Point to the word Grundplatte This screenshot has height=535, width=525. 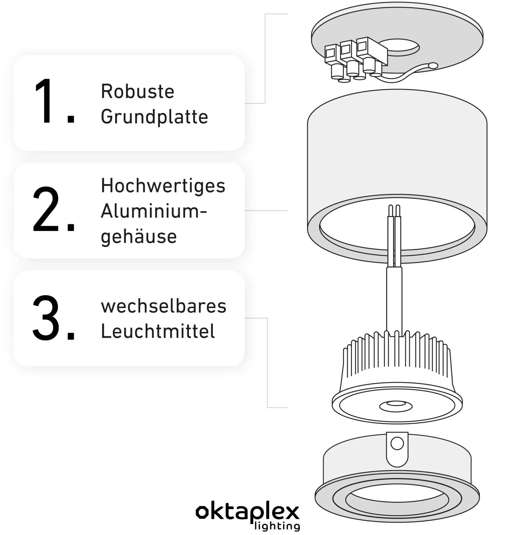click(155, 117)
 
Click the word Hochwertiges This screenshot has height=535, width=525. click(163, 185)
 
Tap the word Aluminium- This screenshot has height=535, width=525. click(154, 212)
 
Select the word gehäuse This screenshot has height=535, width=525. click(139, 236)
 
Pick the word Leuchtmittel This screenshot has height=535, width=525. click(158, 331)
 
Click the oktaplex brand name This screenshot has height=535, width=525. click(248, 512)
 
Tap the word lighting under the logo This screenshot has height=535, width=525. click(277, 525)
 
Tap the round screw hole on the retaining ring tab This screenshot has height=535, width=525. click(397, 444)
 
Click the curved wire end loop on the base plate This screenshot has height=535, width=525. click(433, 66)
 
